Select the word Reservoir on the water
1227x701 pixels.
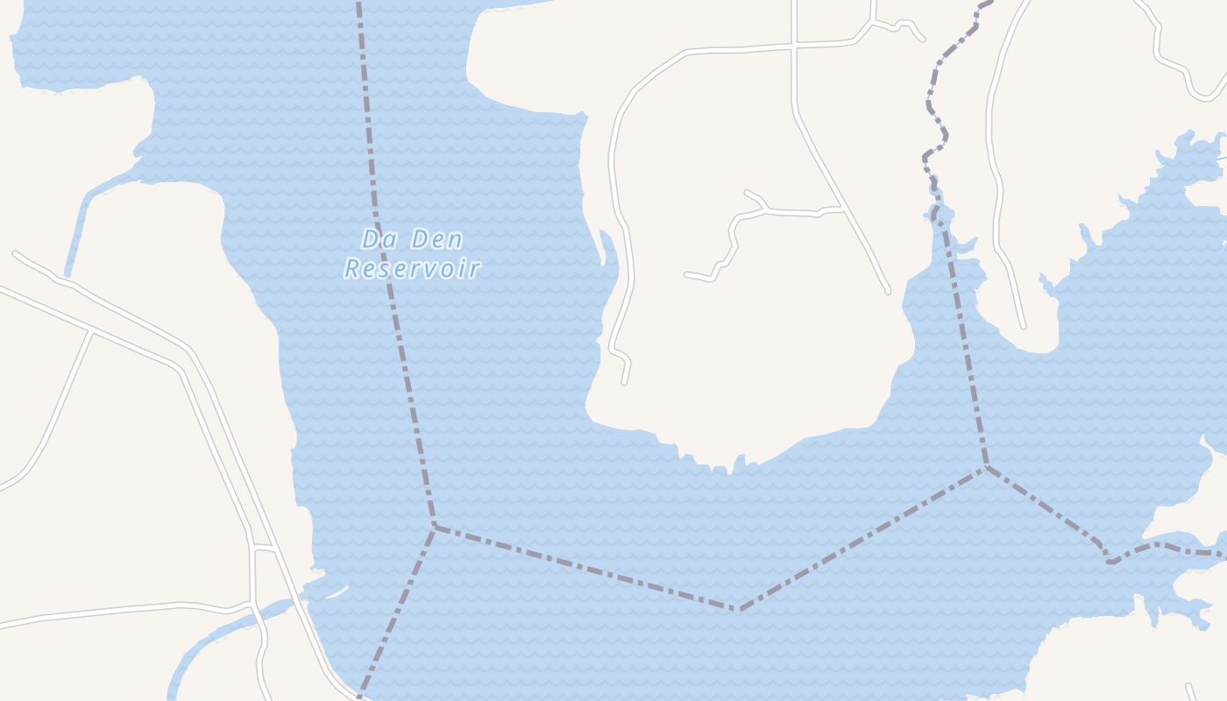coord(412,268)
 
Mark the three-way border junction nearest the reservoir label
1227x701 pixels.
coord(434,527)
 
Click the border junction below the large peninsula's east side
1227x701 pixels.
coord(987,468)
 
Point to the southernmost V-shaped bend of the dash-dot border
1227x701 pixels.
coord(740,609)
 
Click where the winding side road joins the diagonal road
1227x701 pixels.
coord(843,209)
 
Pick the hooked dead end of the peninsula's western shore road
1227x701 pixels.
coord(624,382)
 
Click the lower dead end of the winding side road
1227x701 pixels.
coord(687,275)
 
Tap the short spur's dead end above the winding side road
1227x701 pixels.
coord(747,192)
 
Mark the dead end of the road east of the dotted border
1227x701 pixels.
coord(1022,326)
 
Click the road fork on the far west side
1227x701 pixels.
coord(91,332)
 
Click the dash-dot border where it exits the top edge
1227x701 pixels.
coord(358,4)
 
